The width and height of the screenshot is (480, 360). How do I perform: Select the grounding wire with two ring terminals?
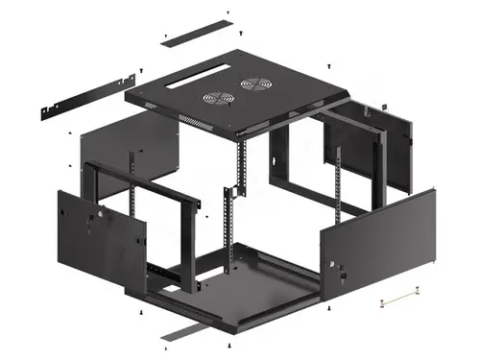point(401,300)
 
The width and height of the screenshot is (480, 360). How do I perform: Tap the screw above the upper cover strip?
point(228,12)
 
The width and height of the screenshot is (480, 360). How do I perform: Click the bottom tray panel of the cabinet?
point(245,288)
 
